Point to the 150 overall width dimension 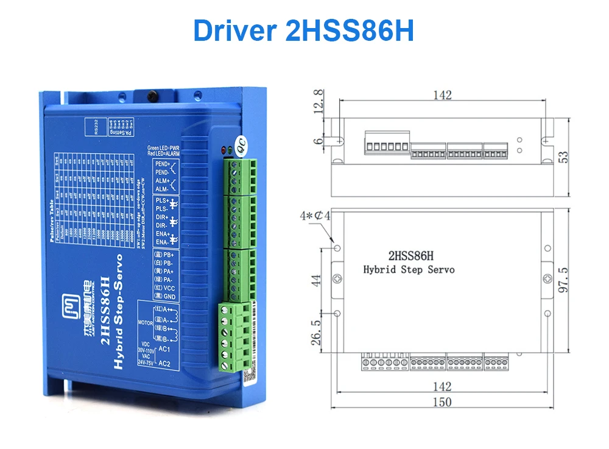[443, 402]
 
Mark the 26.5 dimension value [316, 333]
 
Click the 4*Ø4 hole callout [316, 216]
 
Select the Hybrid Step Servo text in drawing [409, 269]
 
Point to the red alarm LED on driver [225, 149]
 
